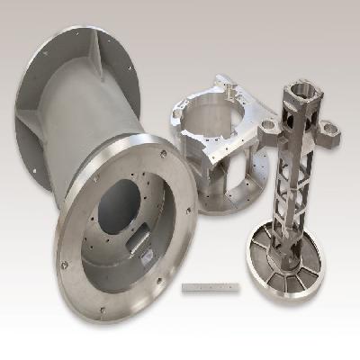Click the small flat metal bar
click(x=211, y=288)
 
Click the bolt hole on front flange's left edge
click(x=63, y=264)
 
